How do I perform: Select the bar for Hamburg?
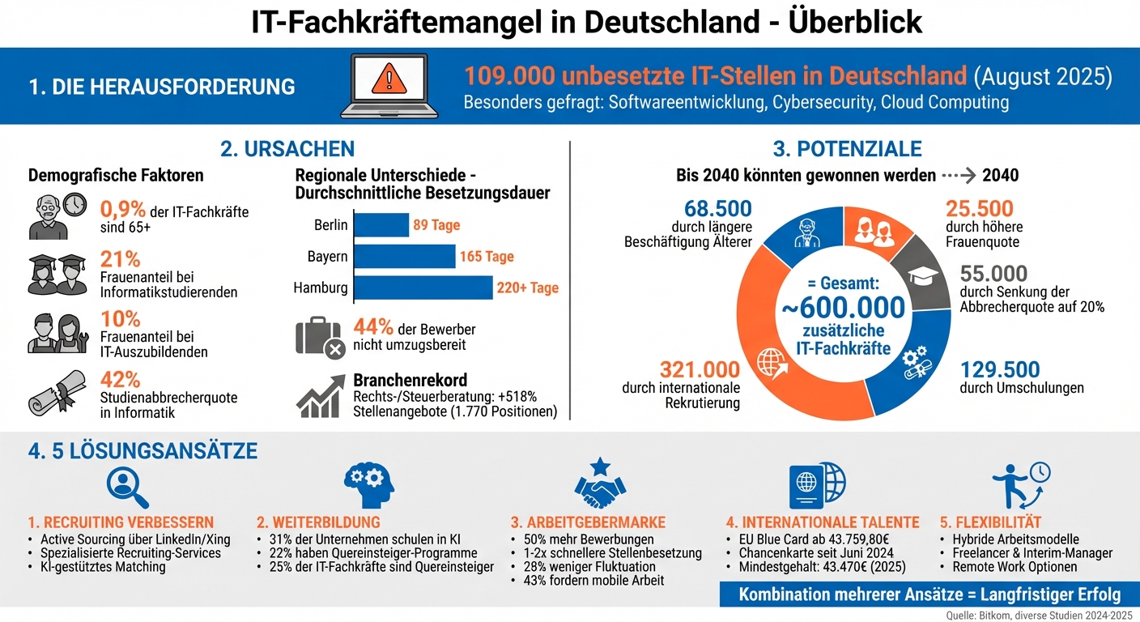coord(423,288)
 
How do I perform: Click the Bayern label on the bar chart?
coord(327,257)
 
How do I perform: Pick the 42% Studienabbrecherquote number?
coord(121,380)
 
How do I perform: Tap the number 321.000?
coord(700,369)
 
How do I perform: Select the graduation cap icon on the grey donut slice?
coord(923,276)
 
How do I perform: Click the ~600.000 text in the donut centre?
coord(843,308)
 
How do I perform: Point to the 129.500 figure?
coord(1000,370)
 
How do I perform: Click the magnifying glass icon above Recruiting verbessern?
coord(128,487)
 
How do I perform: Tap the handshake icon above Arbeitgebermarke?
coord(600,484)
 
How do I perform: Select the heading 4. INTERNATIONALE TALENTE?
coord(823,522)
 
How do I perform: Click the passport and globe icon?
coord(817,486)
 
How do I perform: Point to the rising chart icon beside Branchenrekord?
coord(320,397)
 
